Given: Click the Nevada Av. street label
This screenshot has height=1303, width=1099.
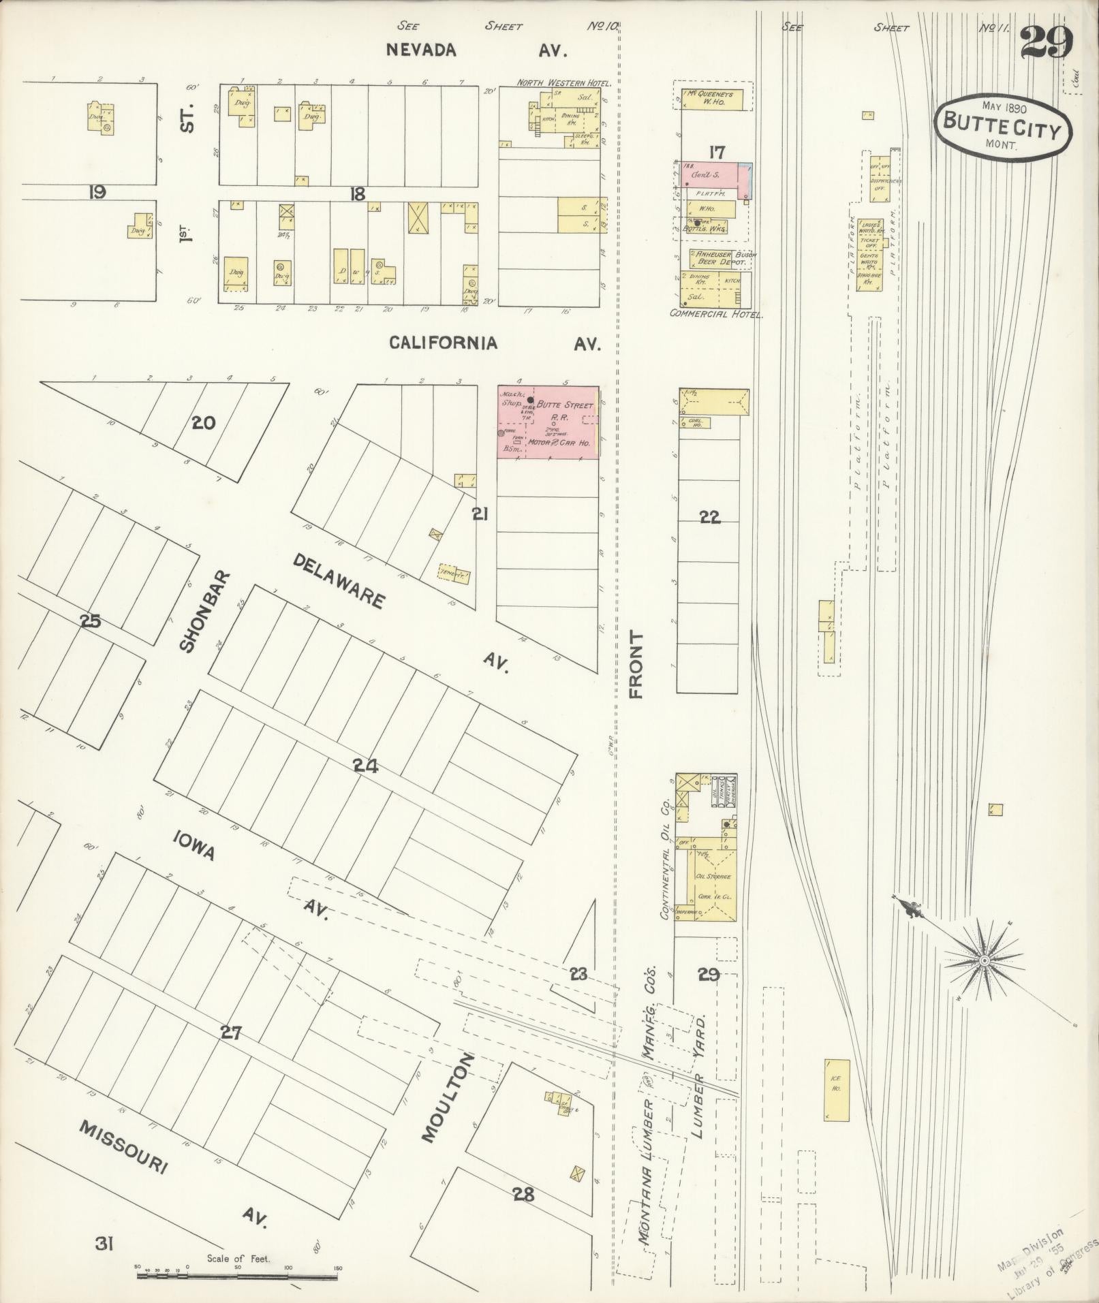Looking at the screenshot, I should [x=477, y=50].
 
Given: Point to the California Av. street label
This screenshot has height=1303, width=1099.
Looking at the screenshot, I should [x=495, y=343].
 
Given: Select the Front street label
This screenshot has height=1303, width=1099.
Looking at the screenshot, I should [x=636, y=664].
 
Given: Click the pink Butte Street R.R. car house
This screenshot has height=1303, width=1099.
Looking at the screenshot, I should [x=548, y=422].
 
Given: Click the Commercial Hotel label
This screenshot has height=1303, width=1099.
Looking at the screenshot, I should [x=716, y=315].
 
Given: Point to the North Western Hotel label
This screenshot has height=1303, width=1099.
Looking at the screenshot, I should [x=563, y=83].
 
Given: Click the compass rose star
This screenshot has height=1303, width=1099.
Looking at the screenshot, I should [x=983, y=960].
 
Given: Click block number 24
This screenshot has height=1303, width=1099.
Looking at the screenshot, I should [x=365, y=766].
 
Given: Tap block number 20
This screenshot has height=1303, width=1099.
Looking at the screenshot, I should [x=203, y=423].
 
